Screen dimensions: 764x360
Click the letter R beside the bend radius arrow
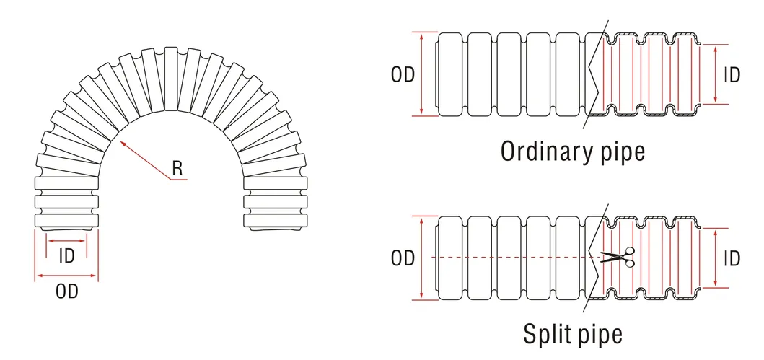coord(177,168)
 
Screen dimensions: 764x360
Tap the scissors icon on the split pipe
coord(618,257)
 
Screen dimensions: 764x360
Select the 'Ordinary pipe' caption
coord(573,152)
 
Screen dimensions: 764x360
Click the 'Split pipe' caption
coord(573,334)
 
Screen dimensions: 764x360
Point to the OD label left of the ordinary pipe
coord(403,74)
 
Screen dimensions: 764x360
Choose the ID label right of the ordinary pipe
coord(732,74)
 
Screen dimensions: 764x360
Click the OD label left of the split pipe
coord(403,258)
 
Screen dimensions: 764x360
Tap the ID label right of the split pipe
coord(732,258)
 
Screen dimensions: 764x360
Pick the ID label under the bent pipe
coord(66,256)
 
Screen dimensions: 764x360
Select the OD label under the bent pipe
coord(67,291)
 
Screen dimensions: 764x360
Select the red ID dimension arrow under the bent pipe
coord(66,241)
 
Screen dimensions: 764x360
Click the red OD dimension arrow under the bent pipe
coord(66,276)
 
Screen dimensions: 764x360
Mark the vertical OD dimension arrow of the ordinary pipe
coord(422,74)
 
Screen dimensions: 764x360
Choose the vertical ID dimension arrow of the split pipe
coord(715,258)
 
